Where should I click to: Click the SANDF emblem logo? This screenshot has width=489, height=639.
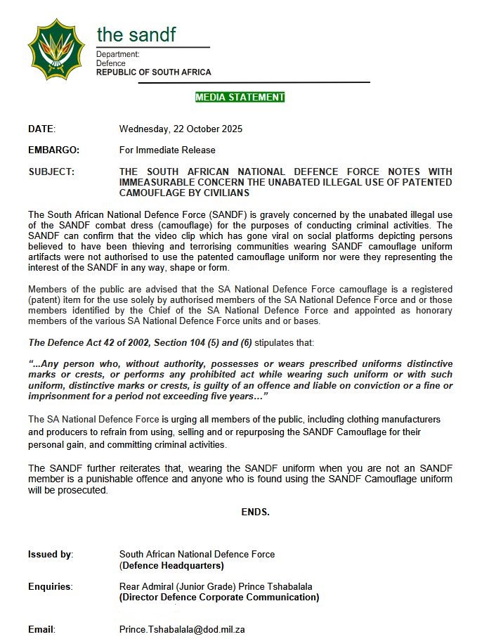click(56, 49)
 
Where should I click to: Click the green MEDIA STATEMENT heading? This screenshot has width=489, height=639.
click(240, 97)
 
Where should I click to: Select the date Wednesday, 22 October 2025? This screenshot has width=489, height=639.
click(181, 129)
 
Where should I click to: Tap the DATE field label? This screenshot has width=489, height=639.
click(41, 129)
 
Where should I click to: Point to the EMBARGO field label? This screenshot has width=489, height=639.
click(53, 150)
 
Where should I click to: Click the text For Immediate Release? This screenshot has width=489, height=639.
click(167, 150)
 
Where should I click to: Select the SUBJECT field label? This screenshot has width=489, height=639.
click(51, 172)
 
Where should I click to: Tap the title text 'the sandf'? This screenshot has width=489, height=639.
click(136, 34)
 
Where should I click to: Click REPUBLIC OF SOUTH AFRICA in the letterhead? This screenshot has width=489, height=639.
click(153, 72)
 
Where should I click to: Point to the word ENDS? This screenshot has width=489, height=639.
click(255, 512)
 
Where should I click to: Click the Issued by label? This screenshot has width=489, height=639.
click(51, 555)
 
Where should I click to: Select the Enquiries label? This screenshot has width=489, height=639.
click(50, 586)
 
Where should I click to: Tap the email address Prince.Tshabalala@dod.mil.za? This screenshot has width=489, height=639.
click(181, 629)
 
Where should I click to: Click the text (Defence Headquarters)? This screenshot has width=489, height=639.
click(171, 565)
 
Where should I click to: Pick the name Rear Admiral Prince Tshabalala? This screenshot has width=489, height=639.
click(215, 586)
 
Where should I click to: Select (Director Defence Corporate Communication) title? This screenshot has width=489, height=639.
click(219, 598)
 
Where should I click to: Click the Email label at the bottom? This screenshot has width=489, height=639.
click(41, 629)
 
